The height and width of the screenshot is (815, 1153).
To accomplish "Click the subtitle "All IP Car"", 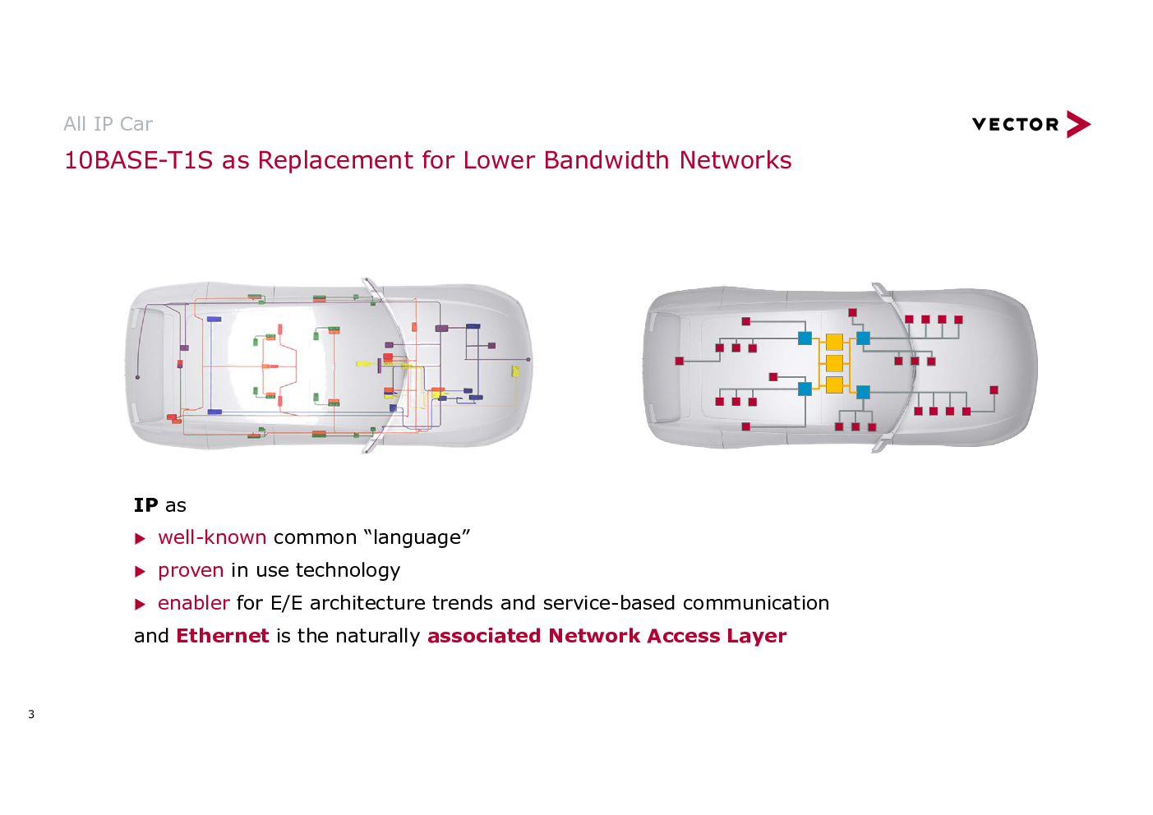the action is click(x=108, y=124).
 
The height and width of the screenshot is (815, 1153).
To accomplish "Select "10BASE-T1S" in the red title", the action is click(x=138, y=160).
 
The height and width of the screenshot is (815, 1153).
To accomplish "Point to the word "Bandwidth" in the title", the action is click(x=606, y=160).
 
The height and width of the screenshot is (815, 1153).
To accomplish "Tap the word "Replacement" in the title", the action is click(x=335, y=160).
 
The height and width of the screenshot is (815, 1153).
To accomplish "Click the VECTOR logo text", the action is click(x=1015, y=125).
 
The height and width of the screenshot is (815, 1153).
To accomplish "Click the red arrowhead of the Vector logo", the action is click(x=1078, y=124).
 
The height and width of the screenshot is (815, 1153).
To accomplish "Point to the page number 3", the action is click(x=31, y=714).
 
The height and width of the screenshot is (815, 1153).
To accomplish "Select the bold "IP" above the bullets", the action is click(x=145, y=505).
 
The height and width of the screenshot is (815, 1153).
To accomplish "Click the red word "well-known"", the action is click(x=212, y=537).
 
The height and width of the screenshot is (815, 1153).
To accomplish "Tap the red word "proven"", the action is click(x=191, y=571).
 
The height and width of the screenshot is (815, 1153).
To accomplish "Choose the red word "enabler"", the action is click(x=194, y=603).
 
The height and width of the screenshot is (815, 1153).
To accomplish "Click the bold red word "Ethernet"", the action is click(x=223, y=636).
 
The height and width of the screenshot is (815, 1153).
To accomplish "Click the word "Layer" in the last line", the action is click(x=756, y=637).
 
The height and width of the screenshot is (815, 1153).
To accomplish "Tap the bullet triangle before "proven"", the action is click(x=140, y=572).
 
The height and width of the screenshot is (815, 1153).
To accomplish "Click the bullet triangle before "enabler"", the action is click(x=140, y=605).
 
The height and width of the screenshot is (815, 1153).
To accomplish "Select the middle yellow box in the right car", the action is click(x=834, y=363).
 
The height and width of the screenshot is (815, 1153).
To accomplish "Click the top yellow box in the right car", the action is click(x=834, y=342).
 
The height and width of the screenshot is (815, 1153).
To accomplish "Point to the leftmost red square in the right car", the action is click(x=679, y=361).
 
